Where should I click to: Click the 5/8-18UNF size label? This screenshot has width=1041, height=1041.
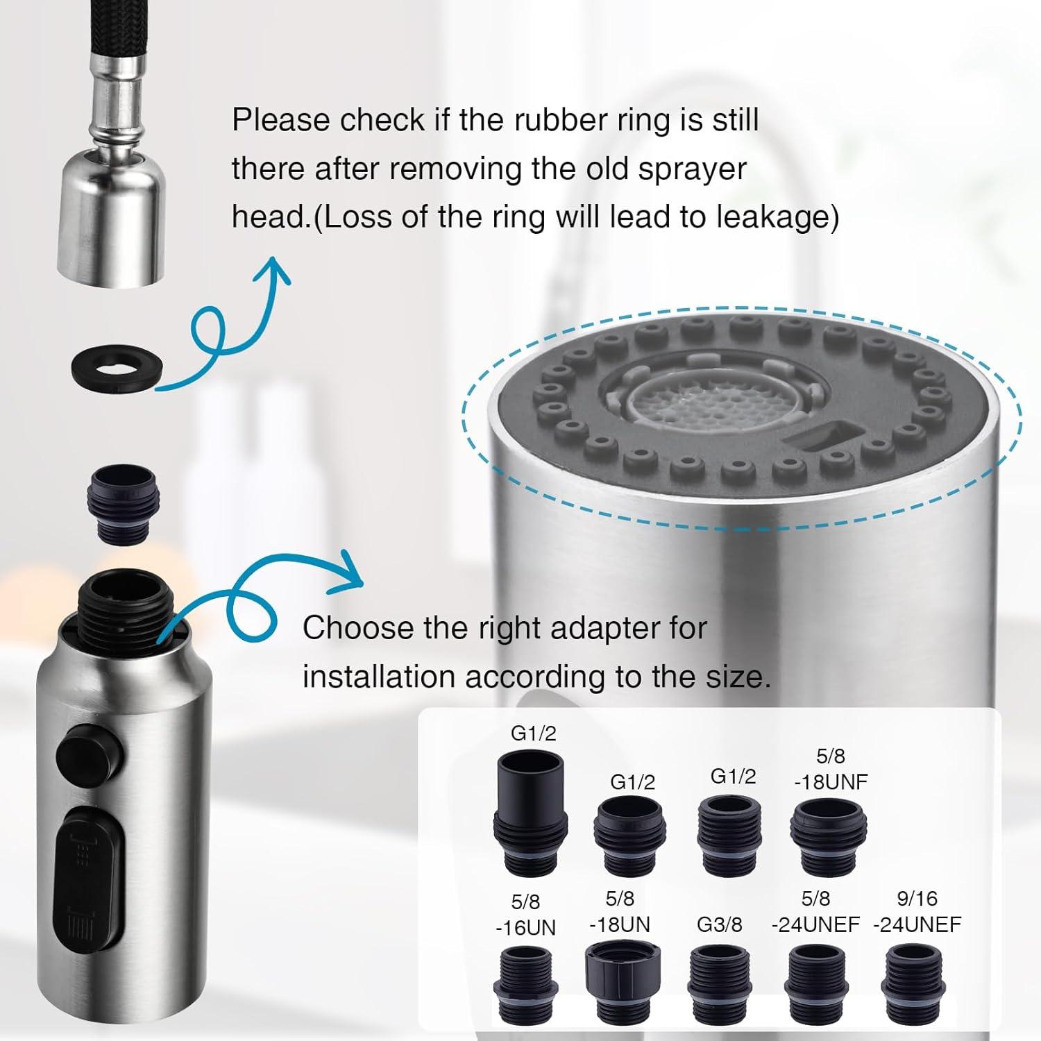pos(830,769)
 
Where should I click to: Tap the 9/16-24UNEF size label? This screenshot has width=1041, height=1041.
pos(917,911)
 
